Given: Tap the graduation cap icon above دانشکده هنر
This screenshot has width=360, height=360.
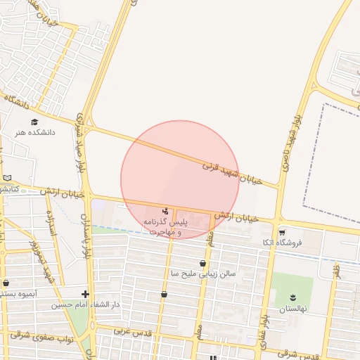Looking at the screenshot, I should click(x=34, y=122).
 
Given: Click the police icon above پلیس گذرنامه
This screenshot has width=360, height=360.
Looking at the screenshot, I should click(x=165, y=211).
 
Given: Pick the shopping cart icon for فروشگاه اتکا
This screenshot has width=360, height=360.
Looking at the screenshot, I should click(x=282, y=231).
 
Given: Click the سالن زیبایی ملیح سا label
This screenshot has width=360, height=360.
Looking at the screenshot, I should click(x=203, y=274).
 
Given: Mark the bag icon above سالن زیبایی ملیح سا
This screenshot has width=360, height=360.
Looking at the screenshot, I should click(x=202, y=263).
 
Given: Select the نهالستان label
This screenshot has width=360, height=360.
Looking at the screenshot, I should click(x=292, y=309).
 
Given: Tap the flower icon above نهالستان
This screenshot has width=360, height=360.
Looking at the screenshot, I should click(x=292, y=298).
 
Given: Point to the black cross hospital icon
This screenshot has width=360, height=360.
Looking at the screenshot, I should click(x=86, y=294).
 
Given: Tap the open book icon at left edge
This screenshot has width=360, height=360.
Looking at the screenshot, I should click(x=7, y=178).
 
